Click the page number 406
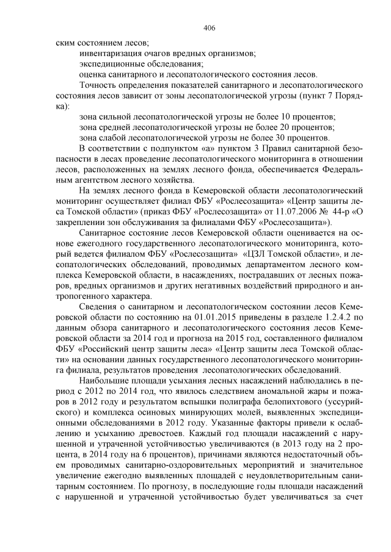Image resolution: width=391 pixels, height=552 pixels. click(x=209, y=28)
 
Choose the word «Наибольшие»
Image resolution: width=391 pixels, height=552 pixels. click(x=104, y=381)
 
